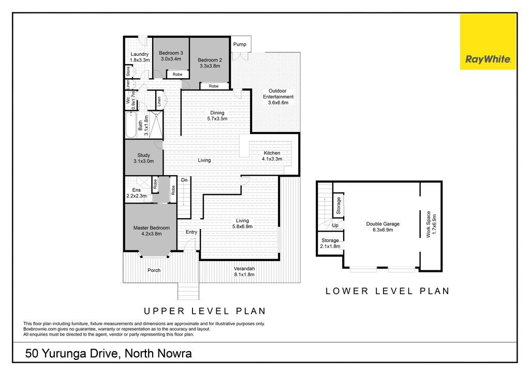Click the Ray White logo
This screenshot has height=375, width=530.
tap(488, 42)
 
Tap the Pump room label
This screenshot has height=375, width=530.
tap(240, 45)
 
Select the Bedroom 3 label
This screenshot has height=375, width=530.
tap(171, 53)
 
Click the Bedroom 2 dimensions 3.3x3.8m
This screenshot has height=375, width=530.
tap(210, 66)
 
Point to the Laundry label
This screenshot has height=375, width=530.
tap(140, 54)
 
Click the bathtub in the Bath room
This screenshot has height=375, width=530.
tap(131, 125)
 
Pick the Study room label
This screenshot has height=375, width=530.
tap(144, 155)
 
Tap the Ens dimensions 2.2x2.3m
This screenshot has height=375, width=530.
tap(137, 196)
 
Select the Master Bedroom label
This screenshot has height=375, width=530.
tap(152, 228)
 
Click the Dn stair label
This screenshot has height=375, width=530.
tap(184, 180)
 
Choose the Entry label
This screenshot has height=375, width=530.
tap(192, 232)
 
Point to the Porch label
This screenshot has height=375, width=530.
tap(154, 270)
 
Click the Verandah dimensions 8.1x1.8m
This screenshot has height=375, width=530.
tap(244, 275)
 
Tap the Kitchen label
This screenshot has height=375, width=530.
tap(272, 153)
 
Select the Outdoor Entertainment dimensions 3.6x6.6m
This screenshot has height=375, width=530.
tap(278, 103)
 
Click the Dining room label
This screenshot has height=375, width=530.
tap(217, 113)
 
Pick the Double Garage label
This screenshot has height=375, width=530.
tap(383, 224)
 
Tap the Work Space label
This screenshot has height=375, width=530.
tap(429, 224)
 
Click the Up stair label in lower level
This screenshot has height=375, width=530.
tap(335, 225)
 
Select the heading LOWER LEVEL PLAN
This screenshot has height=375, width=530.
tap(388, 291)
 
